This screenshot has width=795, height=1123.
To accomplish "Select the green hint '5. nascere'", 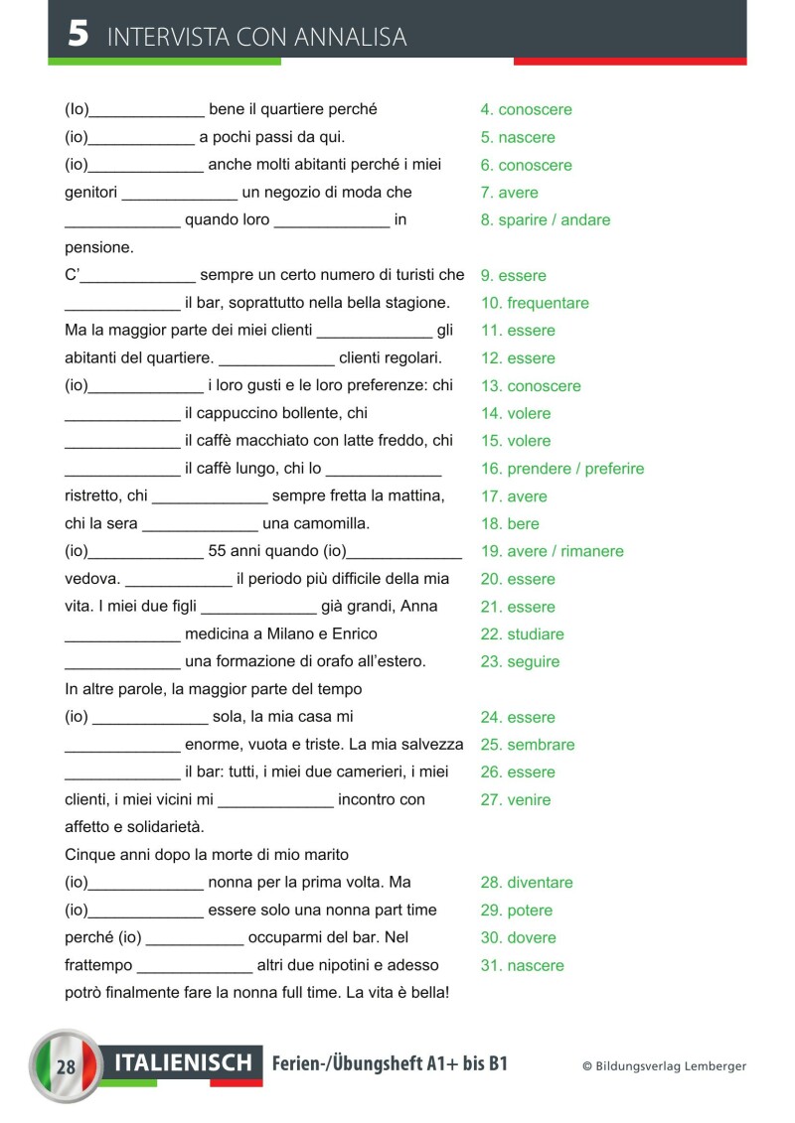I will coord(518,137).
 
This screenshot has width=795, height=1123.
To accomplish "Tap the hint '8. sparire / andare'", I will coord(546,220).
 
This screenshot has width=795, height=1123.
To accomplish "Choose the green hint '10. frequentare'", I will coord(535,303).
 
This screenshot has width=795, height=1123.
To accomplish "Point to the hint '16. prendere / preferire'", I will coord(562,469).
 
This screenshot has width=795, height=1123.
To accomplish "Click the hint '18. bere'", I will coord(510,523).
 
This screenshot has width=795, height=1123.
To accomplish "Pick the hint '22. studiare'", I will coord(522,634).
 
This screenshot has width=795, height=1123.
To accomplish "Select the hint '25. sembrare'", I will coord(528,745).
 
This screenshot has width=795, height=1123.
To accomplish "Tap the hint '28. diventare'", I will coord(527,883).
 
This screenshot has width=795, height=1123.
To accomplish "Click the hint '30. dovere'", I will coord(518,937).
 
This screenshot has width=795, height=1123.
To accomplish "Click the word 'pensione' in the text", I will coord(98,247).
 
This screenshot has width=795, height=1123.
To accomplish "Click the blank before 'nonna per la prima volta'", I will coord(146,883).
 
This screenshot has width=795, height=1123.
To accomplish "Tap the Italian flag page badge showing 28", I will coord(67,1066).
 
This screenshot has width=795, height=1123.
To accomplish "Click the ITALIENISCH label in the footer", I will coord(184,1063).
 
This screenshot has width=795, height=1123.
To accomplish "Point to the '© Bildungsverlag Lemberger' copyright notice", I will coord(664,1066).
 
